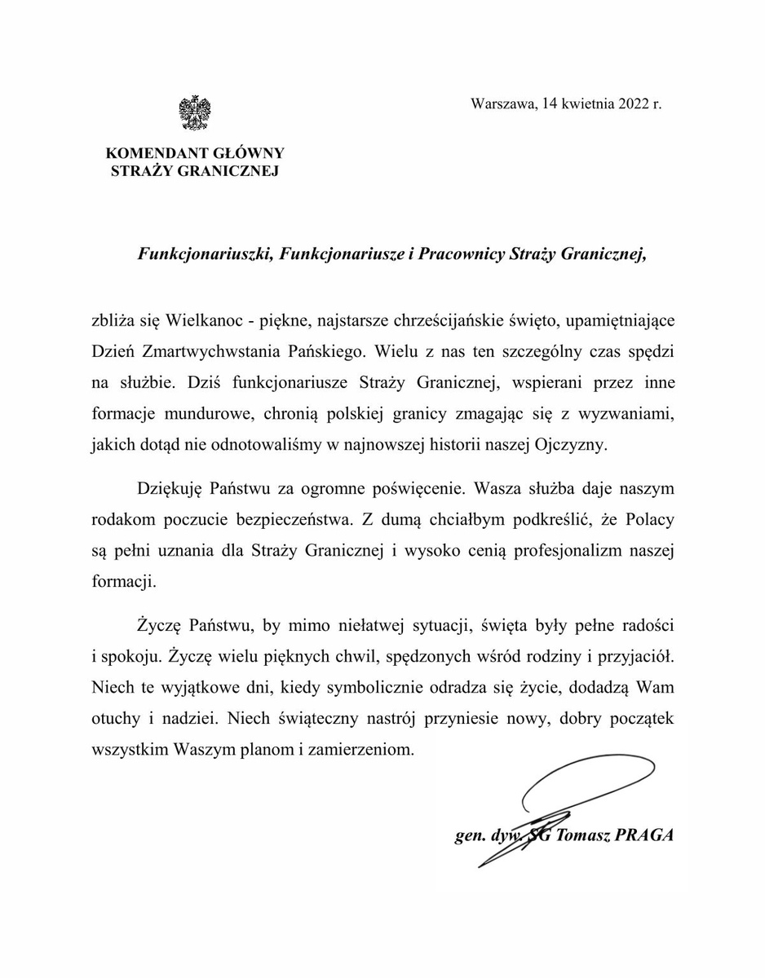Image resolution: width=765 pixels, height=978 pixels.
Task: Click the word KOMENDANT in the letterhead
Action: [x=148, y=153]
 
